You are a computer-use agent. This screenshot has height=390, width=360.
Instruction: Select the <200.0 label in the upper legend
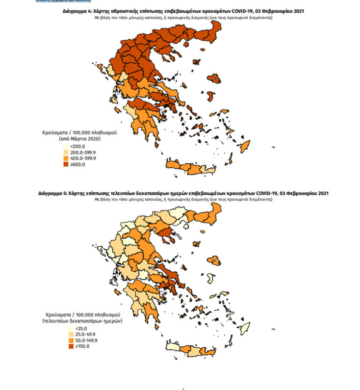tap(78, 147)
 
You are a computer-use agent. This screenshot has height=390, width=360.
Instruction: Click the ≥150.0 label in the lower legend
tap(79, 346)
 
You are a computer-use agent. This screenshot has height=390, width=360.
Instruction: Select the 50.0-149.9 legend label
tap(83, 340)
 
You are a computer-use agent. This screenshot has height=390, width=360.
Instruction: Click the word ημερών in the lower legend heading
tap(112, 320)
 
